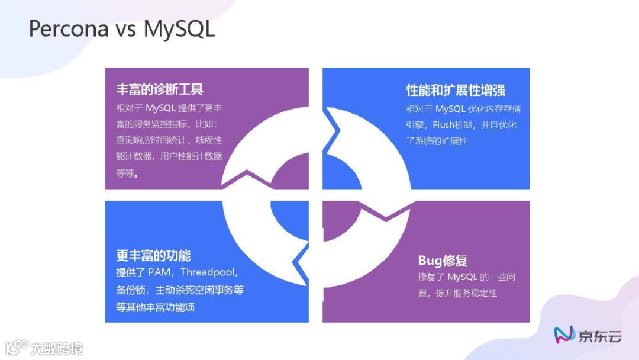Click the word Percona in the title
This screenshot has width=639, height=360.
69,28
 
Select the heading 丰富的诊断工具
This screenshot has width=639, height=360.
160,89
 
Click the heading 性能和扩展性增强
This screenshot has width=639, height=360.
456,90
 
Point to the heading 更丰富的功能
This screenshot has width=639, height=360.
153,256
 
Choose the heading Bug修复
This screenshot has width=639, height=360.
443,261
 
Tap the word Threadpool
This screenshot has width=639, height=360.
209,272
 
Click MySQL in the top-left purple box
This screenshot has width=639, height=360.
160,108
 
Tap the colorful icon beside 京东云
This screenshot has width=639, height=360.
564,336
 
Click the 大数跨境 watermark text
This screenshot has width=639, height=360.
57,348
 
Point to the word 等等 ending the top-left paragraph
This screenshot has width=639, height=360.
125,173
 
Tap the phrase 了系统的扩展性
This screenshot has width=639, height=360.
436,141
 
